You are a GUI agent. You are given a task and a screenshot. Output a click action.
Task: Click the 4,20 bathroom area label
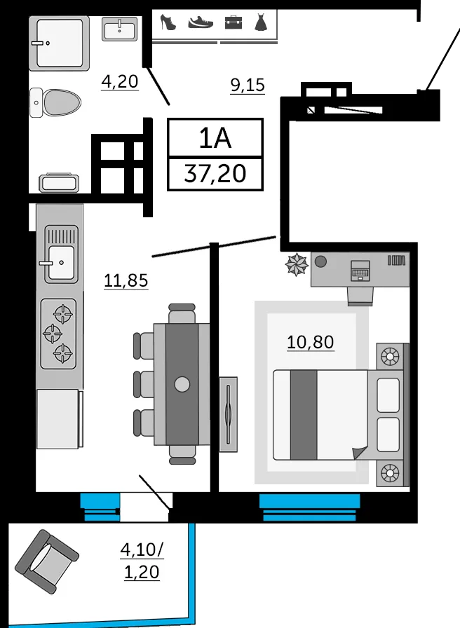pos(120,82)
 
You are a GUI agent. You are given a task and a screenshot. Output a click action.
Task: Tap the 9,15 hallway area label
pos(248,85)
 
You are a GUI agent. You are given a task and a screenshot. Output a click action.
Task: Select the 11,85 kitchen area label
pos(126,280)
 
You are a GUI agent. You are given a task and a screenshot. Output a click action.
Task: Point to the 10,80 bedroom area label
pos(311,342)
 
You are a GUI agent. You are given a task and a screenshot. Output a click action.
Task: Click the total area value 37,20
pos(215,174)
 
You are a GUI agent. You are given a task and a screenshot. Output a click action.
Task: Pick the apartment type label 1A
pos(215,139)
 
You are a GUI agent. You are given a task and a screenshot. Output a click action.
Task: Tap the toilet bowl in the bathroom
pos(55,102)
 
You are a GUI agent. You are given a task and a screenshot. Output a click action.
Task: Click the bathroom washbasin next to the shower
pos(119,29)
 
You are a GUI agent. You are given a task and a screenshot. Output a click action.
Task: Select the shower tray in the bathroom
pos(60,43)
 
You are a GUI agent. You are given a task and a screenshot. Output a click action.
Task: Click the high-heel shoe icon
pos(168,22)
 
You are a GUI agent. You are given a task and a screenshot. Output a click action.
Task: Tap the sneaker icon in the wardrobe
pos(201,22)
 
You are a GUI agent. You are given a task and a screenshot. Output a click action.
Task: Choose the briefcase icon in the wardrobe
pos(234,22)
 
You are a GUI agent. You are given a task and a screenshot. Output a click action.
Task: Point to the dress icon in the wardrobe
pos(260,22)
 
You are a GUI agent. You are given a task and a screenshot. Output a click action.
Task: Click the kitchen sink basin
pos(61,262)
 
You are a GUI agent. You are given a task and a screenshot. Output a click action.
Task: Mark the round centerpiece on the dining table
pos(182,384)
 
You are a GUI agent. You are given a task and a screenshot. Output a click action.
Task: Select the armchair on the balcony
pos(47,561)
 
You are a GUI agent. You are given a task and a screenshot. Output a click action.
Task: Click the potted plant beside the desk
pos(297,265)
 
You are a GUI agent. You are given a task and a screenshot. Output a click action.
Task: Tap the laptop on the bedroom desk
pos(360,271)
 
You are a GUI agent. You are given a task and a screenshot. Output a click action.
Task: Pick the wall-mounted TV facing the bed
pos(228,414)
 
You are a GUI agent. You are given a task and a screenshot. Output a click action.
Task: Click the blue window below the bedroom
pos(309,507)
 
